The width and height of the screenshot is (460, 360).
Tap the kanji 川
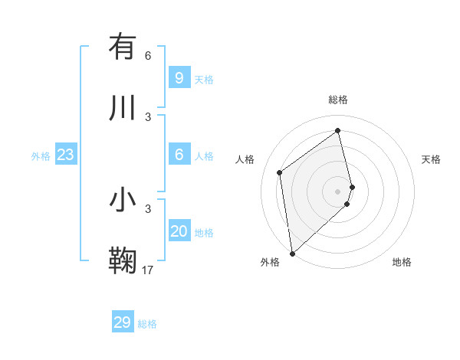pyautogui.click(x=123, y=107)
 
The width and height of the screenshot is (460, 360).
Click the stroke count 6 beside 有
pyautogui.click(x=148, y=56)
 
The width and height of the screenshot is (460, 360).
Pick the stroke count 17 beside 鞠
pyautogui.click(x=148, y=270)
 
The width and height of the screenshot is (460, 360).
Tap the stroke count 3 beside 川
pyautogui.click(x=148, y=116)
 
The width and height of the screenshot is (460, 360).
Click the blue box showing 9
pyautogui.click(x=179, y=78)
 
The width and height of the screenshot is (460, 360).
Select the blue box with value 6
pyautogui.click(x=179, y=155)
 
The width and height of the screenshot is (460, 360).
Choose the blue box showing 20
pyautogui.click(x=179, y=231)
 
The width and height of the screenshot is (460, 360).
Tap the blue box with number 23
pyautogui.click(x=65, y=155)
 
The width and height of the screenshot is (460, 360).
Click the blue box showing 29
pyautogui.click(x=122, y=322)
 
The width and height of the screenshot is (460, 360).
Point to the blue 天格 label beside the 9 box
pyautogui.click(x=204, y=80)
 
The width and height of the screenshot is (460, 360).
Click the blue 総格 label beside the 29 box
pyautogui.click(x=147, y=324)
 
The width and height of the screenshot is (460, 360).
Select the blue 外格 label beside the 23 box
pyautogui.click(x=41, y=156)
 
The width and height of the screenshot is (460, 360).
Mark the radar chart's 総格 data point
pyautogui.click(x=337, y=130)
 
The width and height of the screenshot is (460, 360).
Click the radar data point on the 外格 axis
pyautogui.click(x=291, y=253)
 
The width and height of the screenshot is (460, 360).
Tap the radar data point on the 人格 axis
pyautogui.click(x=280, y=172)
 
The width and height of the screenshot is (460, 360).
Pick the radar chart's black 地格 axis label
pyautogui.click(x=402, y=262)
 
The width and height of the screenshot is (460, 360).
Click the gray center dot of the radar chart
pyautogui.click(x=337, y=190)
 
